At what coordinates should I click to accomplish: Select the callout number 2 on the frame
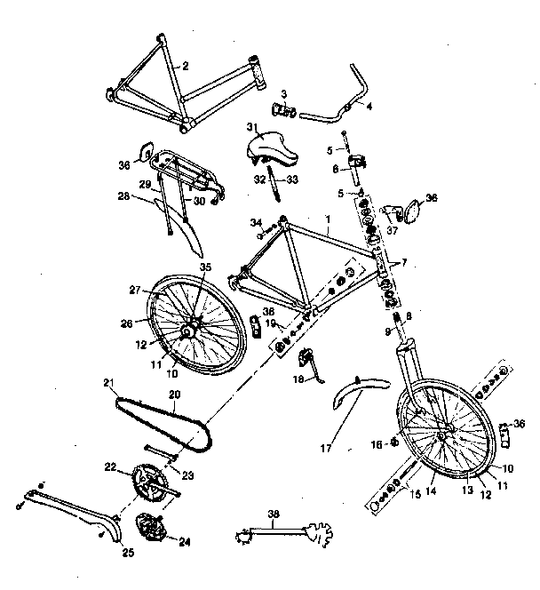pyautogui.click(x=186, y=66)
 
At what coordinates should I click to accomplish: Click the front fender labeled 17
pyautogui.click(x=348, y=392)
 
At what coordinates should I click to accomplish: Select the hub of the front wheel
pyautogui.click(x=441, y=436)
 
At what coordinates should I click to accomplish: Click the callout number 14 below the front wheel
pyautogui.click(x=429, y=488)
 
